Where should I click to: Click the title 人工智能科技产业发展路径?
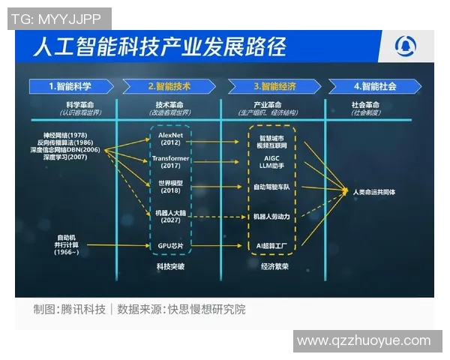click(159, 47)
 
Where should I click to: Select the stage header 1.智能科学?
click(70, 86)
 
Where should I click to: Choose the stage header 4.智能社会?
click(375, 86)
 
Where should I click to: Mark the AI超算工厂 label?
click(273, 245)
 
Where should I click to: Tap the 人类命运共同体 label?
click(375, 192)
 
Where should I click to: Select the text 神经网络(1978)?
click(70, 134)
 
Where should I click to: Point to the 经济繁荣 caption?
click(273, 265)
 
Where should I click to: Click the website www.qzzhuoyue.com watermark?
click(364, 340)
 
